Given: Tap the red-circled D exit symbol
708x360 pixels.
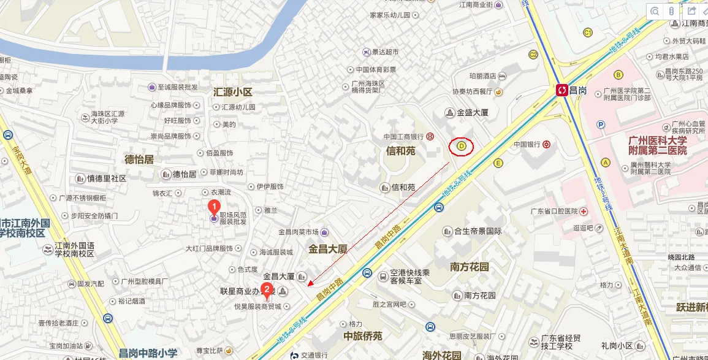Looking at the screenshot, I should click(462, 147).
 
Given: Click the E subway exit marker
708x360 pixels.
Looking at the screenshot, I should click(498, 163).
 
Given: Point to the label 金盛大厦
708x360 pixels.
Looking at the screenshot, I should click(473, 113).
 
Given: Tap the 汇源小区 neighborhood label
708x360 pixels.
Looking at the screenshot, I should click(232, 92).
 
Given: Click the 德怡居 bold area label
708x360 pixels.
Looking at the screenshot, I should click(139, 159).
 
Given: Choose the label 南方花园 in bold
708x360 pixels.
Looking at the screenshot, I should click(470, 267).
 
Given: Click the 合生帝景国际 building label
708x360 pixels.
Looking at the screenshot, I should click(478, 231).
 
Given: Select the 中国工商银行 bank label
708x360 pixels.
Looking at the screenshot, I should click(403, 136).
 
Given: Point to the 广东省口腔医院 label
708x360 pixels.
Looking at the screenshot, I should click(554, 211).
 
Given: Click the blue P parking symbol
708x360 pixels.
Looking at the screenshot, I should click(601, 125).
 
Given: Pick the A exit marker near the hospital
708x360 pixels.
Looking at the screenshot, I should click(606, 163).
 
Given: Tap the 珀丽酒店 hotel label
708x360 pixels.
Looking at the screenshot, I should click(482, 76).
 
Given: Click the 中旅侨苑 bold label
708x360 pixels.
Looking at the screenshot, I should click(363, 336).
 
